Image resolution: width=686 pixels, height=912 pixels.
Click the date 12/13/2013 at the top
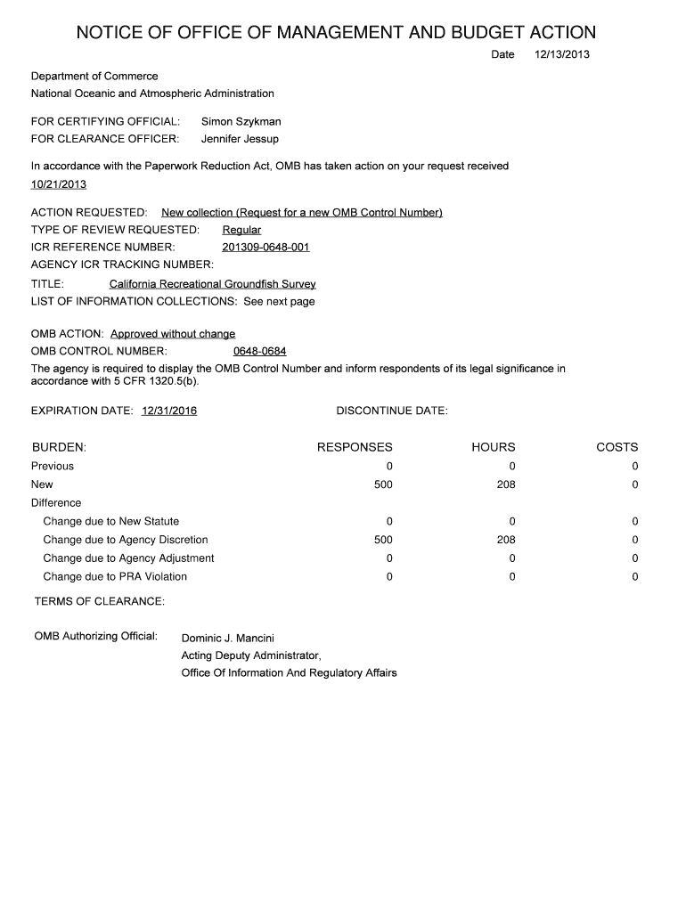561,55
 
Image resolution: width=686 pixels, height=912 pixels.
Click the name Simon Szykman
241,121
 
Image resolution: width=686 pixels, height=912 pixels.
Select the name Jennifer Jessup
240,139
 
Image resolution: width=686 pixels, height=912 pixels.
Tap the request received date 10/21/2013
59,184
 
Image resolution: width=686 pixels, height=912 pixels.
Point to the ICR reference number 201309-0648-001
265,247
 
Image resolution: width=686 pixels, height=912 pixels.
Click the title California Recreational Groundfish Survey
212,284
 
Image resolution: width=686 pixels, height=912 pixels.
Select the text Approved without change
173,334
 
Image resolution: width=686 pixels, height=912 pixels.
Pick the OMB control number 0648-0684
259,351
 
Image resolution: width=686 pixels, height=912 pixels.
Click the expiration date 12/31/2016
169,411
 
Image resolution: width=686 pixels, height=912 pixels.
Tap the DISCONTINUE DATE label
392,411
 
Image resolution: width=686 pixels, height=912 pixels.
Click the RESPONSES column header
355,447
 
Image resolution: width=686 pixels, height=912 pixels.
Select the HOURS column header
494,447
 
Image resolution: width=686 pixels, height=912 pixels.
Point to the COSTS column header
617,447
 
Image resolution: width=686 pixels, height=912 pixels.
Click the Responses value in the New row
383,484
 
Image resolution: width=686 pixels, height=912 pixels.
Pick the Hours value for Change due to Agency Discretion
506,540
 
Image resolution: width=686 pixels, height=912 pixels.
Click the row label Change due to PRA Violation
115,576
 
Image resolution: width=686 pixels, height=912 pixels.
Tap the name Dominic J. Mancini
228,638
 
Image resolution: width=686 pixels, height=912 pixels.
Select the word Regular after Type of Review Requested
241,230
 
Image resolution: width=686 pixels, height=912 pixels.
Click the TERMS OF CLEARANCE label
100,602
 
